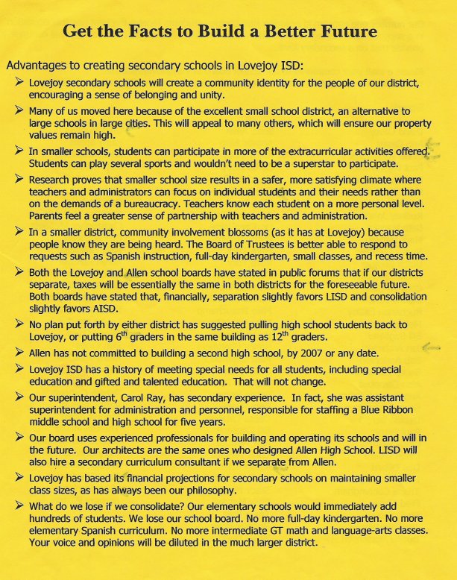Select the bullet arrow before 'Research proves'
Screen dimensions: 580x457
(19, 180)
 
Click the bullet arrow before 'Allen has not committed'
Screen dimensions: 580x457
(19, 352)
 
